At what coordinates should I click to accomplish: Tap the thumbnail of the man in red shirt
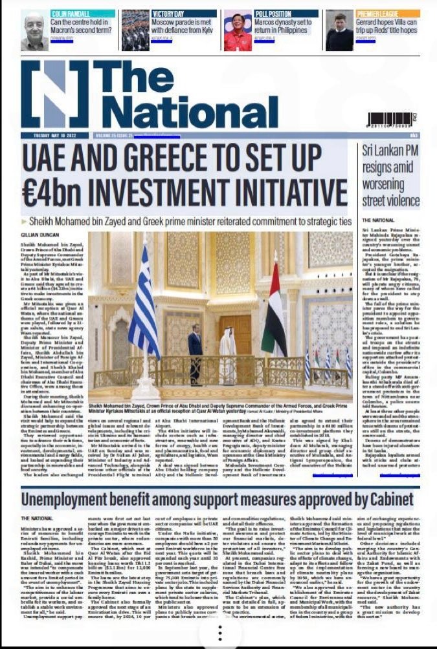point(238,30)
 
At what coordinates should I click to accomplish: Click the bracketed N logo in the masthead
point(63,94)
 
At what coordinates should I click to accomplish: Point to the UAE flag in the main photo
point(274,310)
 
